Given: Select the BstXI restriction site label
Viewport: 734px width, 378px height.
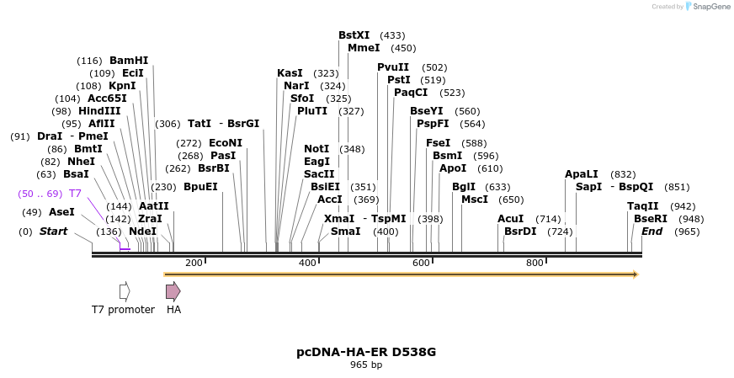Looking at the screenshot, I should click(x=354, y=35).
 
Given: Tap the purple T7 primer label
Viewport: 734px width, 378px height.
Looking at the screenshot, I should click(x=75, y=194).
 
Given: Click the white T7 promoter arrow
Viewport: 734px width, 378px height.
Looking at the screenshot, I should click(x=125, y=291).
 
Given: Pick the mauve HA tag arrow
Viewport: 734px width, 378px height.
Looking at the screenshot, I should click(x=173, y=291).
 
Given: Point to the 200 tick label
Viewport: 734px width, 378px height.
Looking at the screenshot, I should click(x=194, y=263).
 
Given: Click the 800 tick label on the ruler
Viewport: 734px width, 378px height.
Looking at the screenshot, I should click(x=535, y=263).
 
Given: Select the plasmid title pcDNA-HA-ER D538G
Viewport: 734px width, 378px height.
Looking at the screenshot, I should click(x=366, y=351).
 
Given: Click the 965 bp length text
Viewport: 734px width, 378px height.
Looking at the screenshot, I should click(x=366, y=365).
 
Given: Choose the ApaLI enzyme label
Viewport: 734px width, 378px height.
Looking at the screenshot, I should click(x=582, y=174).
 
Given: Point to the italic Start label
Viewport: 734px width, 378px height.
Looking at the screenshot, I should click(x=53, y=232).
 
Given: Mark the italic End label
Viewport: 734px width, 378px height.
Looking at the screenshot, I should click(x=652, y=232).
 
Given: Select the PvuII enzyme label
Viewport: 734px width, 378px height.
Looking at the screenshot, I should click(x=393, y=67).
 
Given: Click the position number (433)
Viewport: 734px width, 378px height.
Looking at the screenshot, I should click(x=392, y=35).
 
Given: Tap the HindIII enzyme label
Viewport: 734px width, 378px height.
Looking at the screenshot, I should click(x=99, y=111).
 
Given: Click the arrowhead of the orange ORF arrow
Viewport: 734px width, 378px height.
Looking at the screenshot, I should click(x=636, y=274).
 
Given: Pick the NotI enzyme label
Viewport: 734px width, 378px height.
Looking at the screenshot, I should click(x=316, y=149).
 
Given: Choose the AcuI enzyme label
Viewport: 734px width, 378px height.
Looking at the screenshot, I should click(x=510, y=219).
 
